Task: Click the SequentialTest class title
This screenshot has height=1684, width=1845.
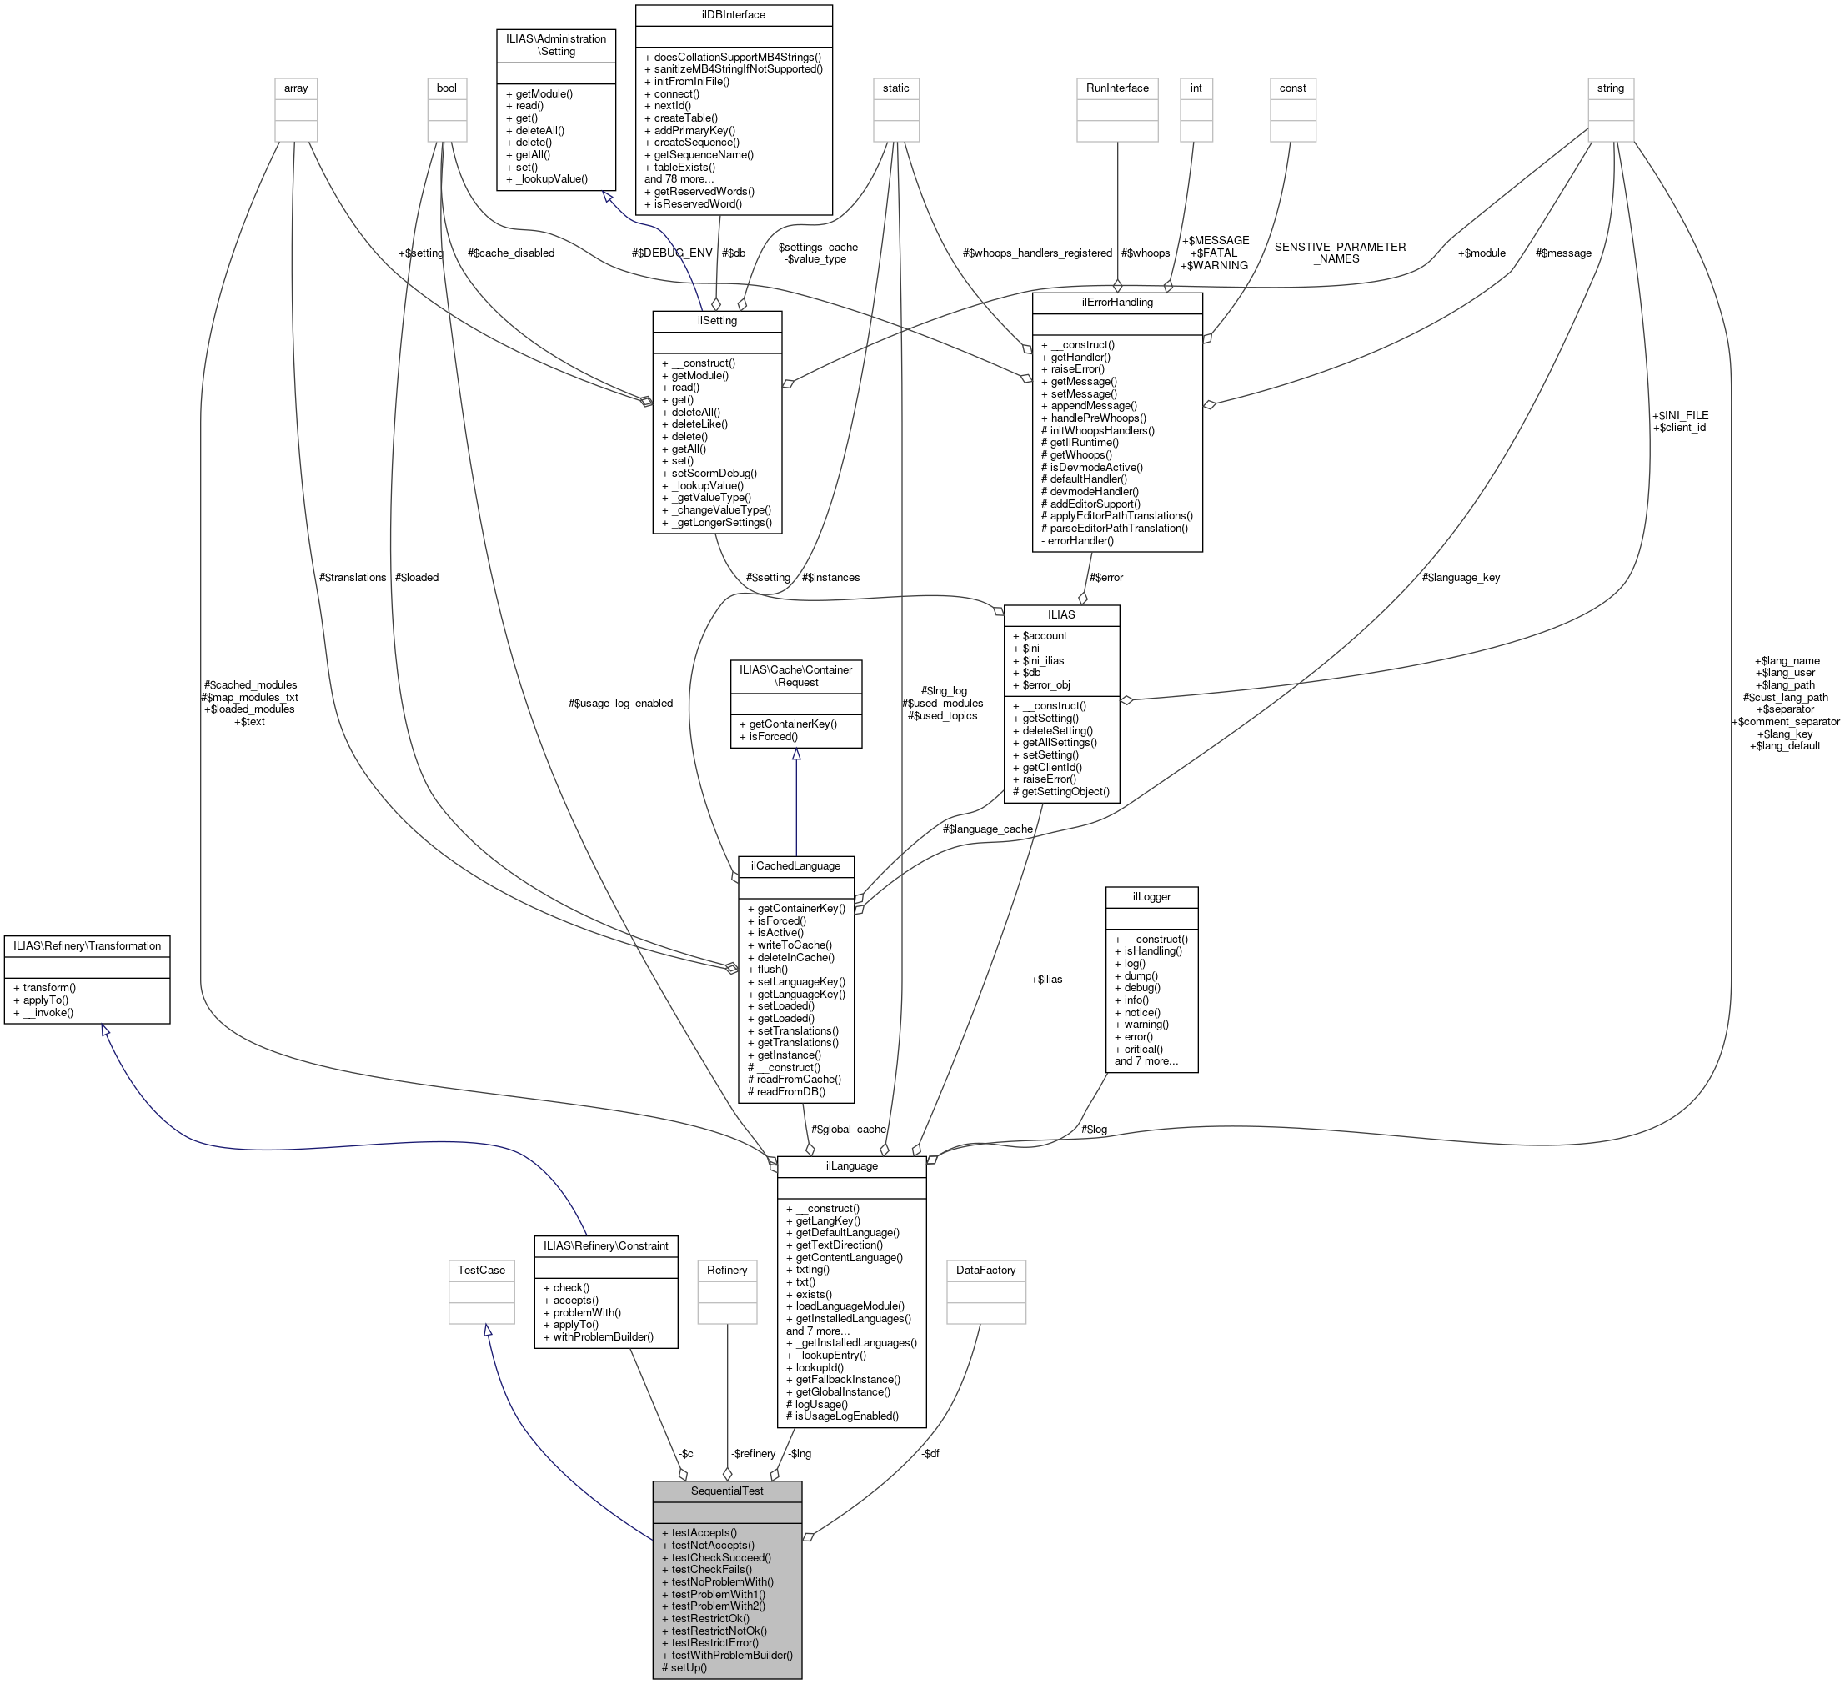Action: [727, 1491]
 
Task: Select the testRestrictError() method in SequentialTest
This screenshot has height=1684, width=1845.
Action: [714, 1643]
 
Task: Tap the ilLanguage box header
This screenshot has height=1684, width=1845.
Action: [851, 1166]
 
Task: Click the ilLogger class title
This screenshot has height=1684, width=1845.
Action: [1151, 896]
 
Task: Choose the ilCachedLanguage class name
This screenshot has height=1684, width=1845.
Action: [795, 866]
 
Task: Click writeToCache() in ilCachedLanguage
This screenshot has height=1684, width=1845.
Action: [795, 945]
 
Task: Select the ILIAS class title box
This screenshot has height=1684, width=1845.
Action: [1060, 614]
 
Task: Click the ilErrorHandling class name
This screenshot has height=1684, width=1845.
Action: [1116, 302]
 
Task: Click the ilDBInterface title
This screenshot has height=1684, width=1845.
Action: [733, 15]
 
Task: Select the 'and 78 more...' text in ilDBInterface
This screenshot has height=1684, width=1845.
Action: [679, 178]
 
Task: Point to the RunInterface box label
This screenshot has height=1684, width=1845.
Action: [1116, 88]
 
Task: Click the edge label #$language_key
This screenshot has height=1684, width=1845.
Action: [1461, 578]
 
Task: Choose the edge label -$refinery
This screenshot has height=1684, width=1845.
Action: [753, 1453]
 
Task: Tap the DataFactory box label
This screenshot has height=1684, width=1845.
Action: [985, 1271]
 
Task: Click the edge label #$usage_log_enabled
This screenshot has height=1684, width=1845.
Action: [619, 703]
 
